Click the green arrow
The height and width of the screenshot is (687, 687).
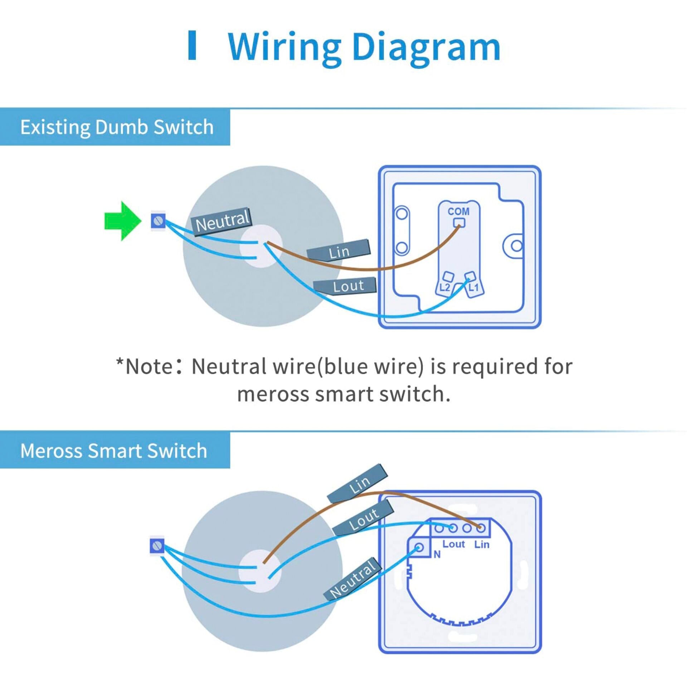(122, 221)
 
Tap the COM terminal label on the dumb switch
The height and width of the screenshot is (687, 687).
(458, 211)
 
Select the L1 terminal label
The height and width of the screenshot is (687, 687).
(473, 287)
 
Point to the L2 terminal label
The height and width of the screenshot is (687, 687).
(444, 287)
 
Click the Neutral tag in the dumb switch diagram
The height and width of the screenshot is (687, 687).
(222, 222)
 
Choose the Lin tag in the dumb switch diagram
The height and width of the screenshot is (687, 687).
(338, 251)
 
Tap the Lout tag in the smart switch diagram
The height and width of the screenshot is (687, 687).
(363, 518)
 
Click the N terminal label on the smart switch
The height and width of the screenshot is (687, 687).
(437, 555)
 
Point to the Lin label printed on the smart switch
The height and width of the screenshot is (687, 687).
(482, 544)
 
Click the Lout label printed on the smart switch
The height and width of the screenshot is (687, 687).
(453, 544)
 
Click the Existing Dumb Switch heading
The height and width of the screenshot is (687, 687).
(117, 127)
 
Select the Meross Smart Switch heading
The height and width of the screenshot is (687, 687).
(114, 450)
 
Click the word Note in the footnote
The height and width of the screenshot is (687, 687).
(149, 366)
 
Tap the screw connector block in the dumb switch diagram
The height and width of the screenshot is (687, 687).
(158, 221)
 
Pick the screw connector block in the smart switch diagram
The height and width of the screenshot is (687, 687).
(157, 546)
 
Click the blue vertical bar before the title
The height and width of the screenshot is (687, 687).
(192, 45)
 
